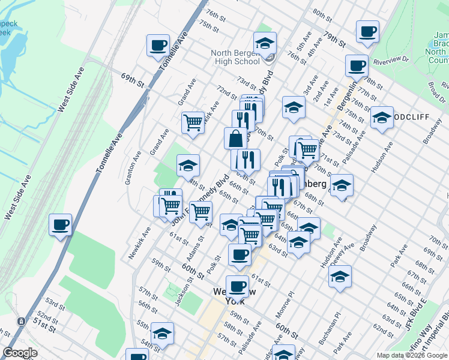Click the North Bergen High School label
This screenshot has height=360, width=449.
click(235, 57)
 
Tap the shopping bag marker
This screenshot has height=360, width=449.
click(236, 138)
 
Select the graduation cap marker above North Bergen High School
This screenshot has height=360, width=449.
click(265, 43)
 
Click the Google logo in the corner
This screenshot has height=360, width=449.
click(20, 353)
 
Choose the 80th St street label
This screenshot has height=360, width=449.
click(322, 14)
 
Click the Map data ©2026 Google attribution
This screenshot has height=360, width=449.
click(412, 355)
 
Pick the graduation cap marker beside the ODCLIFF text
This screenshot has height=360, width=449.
click(381, 118)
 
